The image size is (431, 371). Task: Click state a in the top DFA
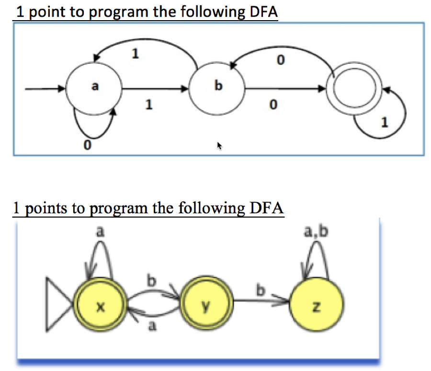[x=94, y=88]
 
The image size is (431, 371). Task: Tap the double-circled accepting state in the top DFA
[x=353, y=89]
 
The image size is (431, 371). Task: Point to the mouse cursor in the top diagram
[x=220, y=146]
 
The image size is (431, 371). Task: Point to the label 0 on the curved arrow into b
[x=281, y=60]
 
